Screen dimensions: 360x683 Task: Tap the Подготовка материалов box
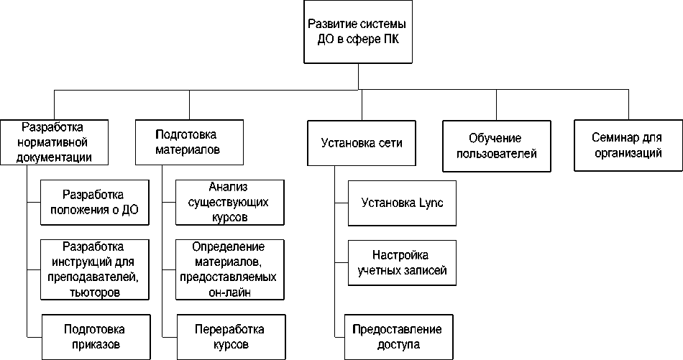point(188,142)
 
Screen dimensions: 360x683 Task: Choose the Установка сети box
point(361,142)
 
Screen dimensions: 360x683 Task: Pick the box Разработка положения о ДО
point(94,203)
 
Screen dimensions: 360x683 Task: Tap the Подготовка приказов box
point(94,337)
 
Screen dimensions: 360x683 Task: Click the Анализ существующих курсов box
point(229,203)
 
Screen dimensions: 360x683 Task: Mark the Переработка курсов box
point(229,337)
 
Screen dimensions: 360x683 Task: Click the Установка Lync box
point(401,203)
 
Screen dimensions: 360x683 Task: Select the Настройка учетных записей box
point(401,263)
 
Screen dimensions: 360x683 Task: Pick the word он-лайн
point(229,292)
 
